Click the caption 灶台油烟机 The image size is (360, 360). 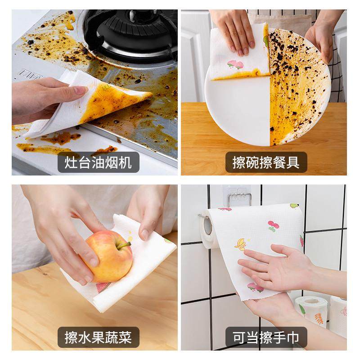(98, 162)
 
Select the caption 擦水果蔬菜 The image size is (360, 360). (98, 337)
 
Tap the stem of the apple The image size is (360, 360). (124, 245)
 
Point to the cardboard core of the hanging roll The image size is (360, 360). (207, 227)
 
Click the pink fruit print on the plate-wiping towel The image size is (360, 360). (235, 64)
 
